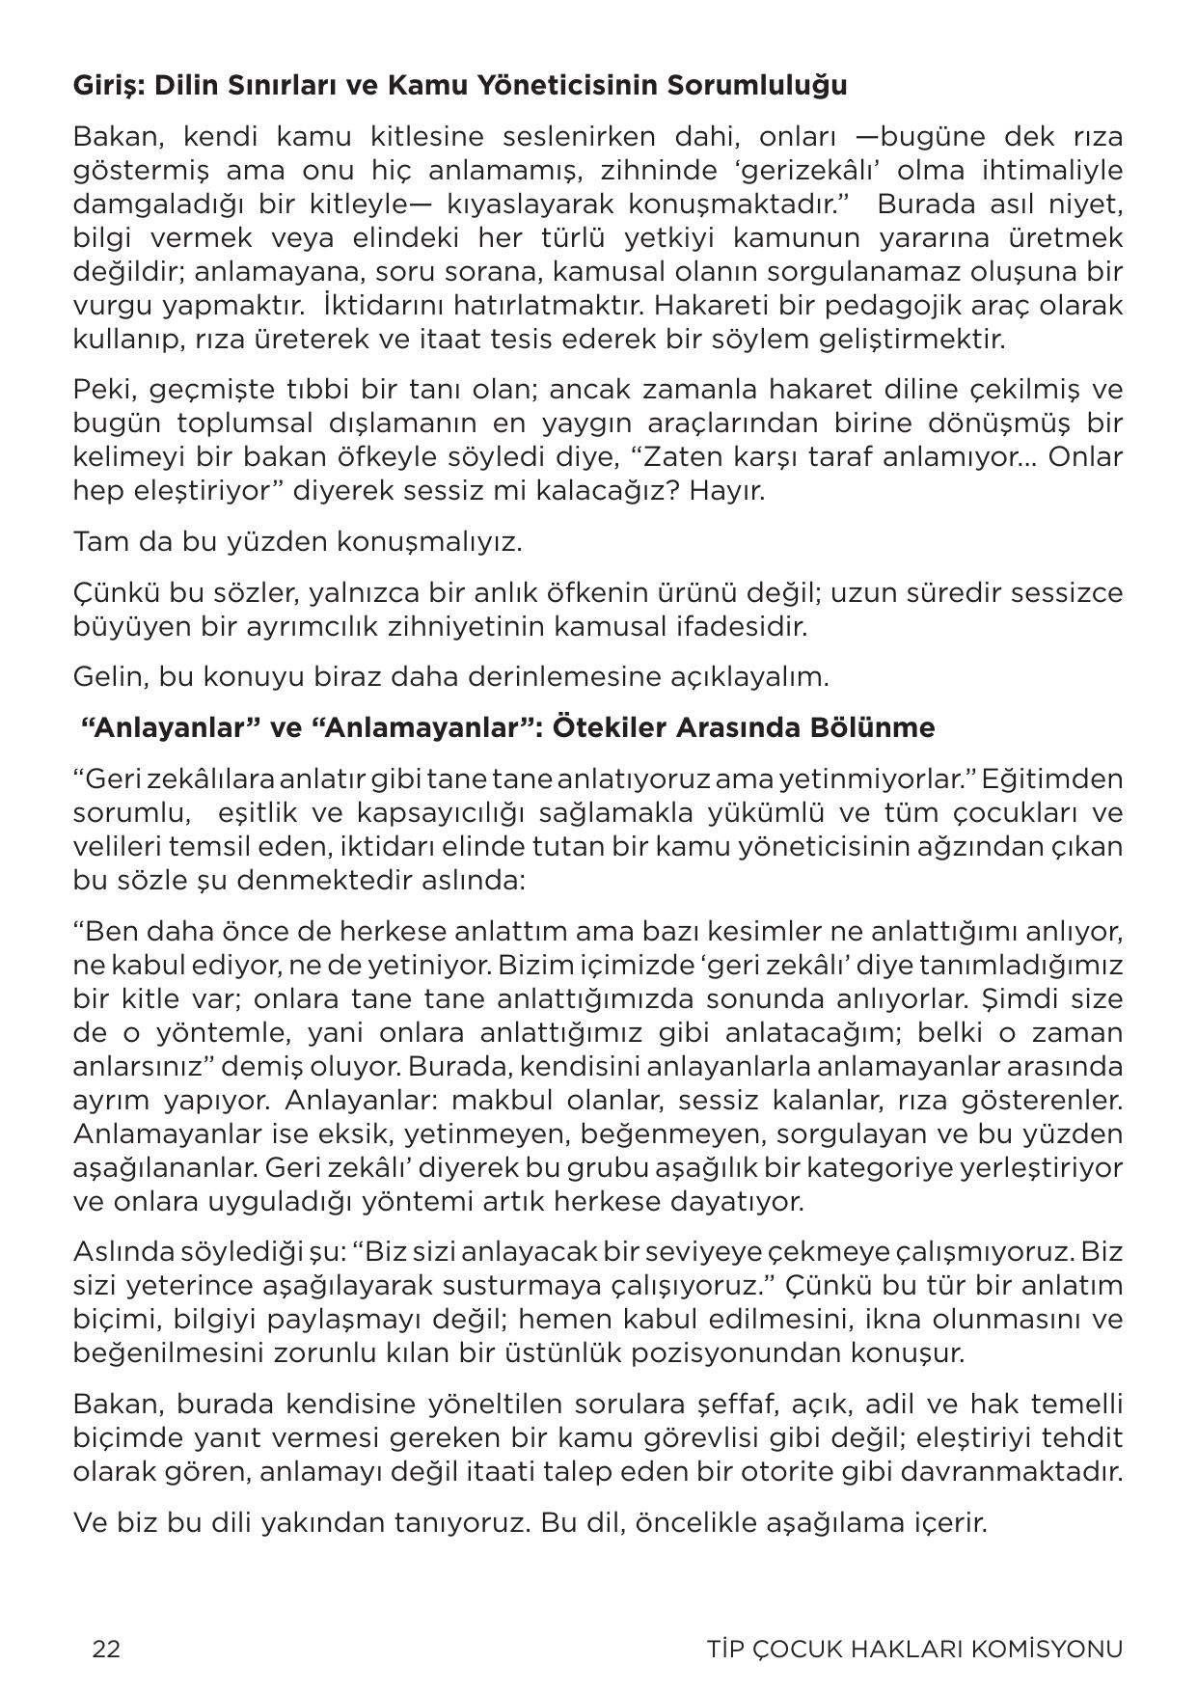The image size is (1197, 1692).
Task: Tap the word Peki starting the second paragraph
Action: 97,390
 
